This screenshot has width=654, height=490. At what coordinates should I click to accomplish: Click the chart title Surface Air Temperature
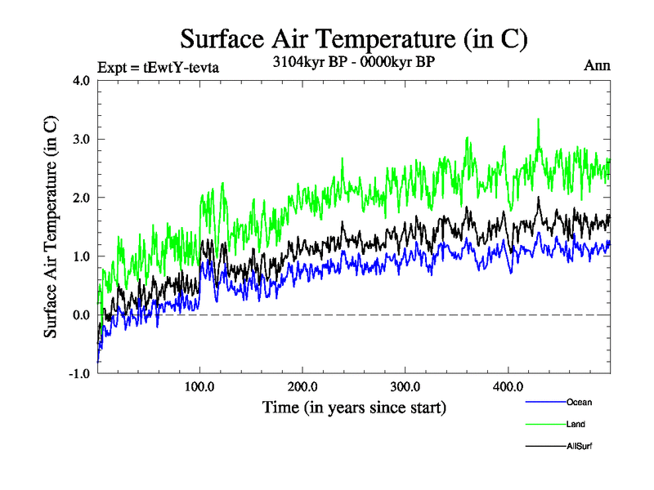click(x=353, y=38)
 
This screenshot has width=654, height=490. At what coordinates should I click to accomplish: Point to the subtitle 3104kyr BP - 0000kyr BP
click(x=353, y=61)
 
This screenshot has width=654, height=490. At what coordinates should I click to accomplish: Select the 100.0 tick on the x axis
click(x=200, y=386)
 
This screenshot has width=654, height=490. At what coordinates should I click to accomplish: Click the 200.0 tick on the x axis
click(x=302, y=386)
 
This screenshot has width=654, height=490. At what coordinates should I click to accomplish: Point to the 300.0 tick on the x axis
click(x=405, y=386)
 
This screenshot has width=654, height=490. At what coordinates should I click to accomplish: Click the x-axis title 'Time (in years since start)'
click(x=353, y=407)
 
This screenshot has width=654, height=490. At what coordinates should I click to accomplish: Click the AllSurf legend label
click(x=578, y=446)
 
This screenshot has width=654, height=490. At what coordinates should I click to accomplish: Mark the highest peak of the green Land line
click(x=538, y=119)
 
